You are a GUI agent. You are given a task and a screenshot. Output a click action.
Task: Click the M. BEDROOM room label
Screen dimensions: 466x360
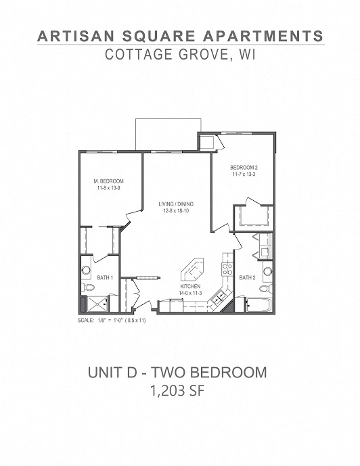click(108, 181)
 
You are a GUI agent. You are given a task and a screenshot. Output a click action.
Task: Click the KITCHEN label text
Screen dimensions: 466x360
click(189, 287)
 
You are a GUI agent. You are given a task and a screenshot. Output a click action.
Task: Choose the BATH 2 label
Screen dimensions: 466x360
click(247, 277)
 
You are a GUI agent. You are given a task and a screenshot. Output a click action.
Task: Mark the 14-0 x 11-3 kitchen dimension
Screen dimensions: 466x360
click(189, 293)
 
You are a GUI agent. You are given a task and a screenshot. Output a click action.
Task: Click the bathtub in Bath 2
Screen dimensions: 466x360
click(256, 306)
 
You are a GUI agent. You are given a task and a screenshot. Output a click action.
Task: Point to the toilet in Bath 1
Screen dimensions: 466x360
click(86, 287)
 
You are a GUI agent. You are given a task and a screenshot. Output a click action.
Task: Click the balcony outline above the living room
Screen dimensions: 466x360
click(168, 133)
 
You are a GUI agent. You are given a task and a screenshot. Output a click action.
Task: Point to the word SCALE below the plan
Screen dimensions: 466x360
click(87, 320)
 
